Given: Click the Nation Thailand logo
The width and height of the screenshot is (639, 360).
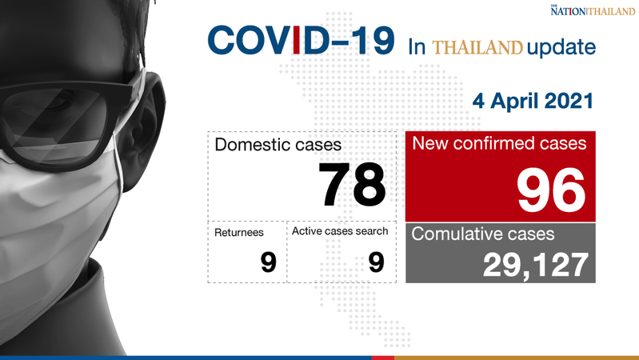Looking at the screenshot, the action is coord(593,10).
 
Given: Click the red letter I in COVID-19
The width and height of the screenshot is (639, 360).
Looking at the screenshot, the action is coord(296,40).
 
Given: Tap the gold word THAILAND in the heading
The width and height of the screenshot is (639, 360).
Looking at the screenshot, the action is coord(477,48).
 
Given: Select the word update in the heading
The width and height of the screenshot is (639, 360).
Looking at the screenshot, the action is coord(561,47).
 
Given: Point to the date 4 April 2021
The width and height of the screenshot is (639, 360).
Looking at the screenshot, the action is coord(533,101).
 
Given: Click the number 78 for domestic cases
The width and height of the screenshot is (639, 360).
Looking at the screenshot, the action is coord(352,185).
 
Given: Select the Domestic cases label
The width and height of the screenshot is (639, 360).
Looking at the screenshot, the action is coord(278,145).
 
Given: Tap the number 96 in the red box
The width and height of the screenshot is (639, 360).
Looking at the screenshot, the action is coord(551,190).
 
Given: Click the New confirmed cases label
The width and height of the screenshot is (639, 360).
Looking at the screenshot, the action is coord(499,143).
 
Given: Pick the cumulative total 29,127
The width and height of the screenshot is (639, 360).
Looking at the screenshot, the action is coord(536,266).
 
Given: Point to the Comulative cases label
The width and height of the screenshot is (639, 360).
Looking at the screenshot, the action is coord(483,234).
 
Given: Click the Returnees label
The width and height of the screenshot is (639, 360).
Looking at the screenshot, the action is coord(239,232).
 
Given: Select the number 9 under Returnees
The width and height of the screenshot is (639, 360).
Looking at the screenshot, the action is coord(268,262).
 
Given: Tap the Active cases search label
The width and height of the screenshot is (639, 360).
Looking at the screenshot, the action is coord(340,231).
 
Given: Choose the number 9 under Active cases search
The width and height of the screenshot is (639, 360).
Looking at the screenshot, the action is coord(376,262).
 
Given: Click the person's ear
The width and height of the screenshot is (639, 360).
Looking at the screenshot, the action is coord(142,130).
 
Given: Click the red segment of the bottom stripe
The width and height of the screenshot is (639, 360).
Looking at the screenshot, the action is coord(382,358).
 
